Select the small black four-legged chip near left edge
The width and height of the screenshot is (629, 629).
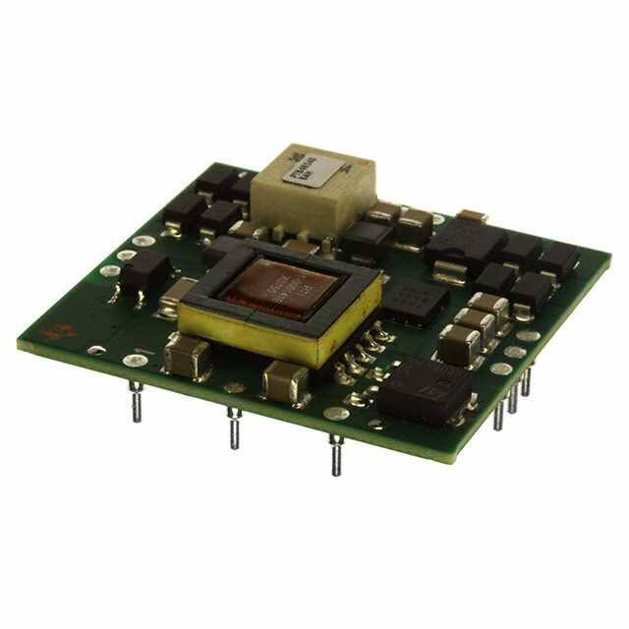tap(144, 272)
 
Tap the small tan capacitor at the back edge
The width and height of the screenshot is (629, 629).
tap(473, 216)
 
